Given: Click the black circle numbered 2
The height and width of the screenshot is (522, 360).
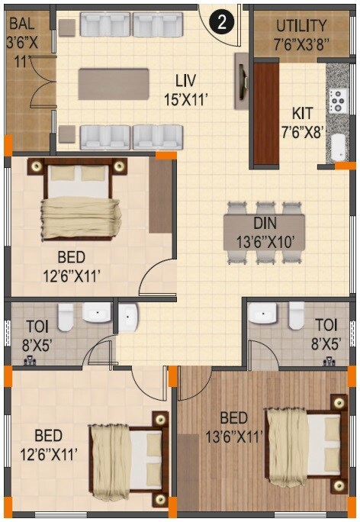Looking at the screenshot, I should pos(221,22).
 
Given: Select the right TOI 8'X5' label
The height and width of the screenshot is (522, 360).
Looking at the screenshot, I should pos(324,333).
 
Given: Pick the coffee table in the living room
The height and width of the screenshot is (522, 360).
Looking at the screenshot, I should pos(114,83).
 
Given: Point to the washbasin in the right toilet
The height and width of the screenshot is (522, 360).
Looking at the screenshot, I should pos(265,314).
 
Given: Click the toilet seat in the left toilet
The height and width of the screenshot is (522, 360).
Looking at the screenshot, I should pos(65,314).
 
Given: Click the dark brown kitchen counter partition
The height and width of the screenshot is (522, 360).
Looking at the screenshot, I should pos(265,114).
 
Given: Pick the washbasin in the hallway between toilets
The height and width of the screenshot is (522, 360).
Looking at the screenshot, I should pos(127,317).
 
